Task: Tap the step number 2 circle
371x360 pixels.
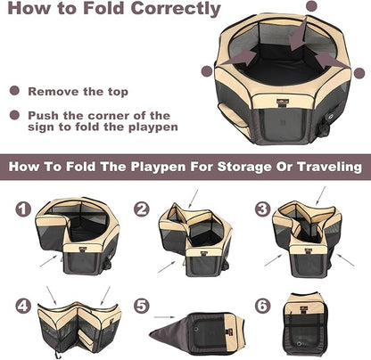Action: coord(141,209)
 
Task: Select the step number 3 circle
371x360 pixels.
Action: coord(261,209)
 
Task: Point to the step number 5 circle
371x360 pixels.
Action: coord(141,306)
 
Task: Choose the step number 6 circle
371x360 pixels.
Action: coord(261,306)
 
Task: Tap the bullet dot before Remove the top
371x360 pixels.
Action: coord(13,91)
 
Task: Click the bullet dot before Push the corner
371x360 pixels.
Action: coord(13,116)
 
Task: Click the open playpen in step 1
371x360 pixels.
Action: coord(78,234)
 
